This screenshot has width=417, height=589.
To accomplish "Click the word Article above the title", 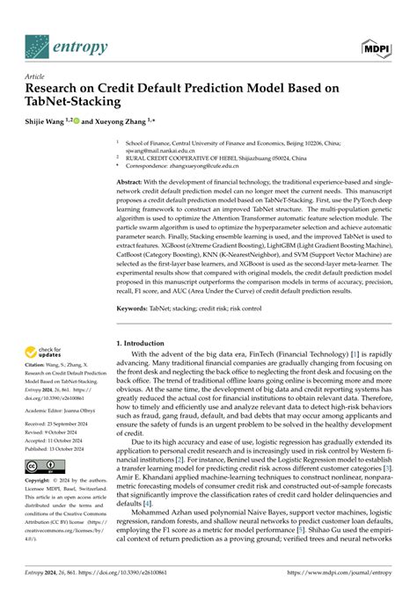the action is pos(38,76).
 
